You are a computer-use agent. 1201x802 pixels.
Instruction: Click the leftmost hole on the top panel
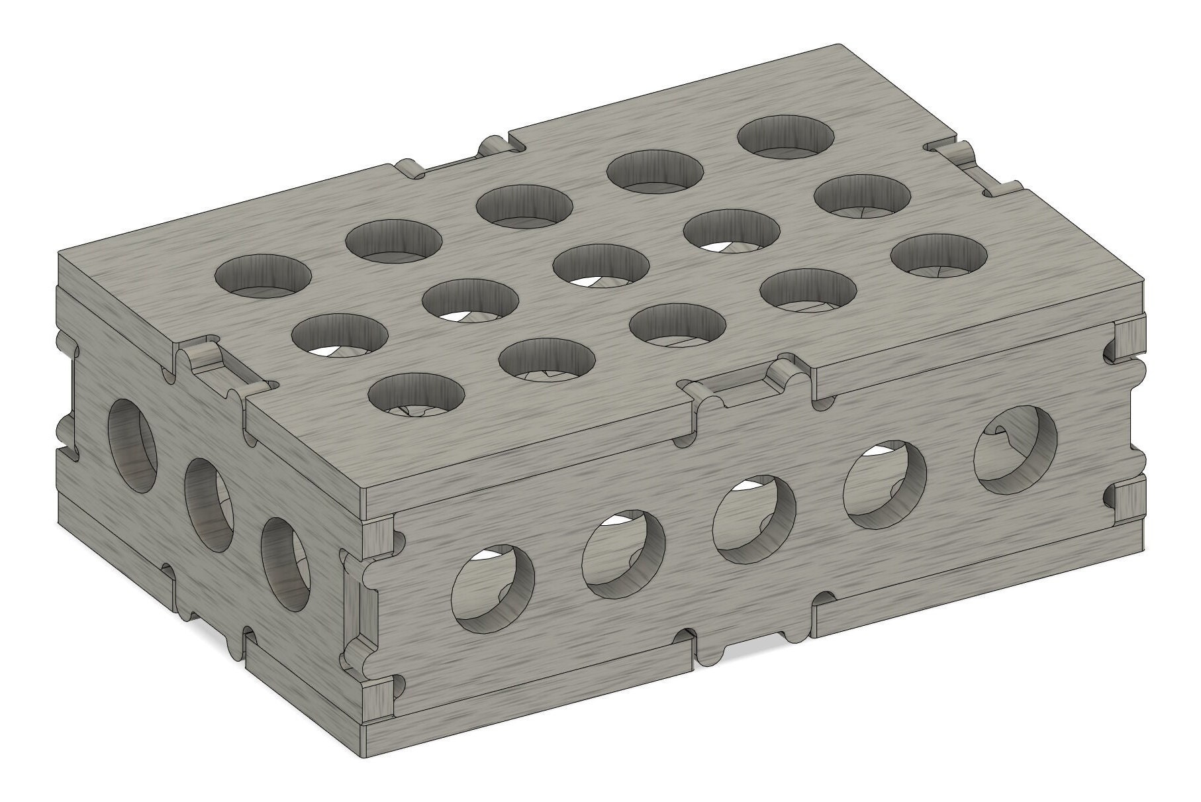click(x=264, y=273)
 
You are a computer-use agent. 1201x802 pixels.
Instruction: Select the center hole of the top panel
click(x=601, y=265)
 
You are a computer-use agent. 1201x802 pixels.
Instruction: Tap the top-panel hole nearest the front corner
click(x=416, y=395)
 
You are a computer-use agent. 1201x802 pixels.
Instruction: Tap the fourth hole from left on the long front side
click(x=885, y=485)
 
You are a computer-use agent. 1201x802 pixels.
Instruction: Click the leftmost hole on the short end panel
click(x=132, y=444)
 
